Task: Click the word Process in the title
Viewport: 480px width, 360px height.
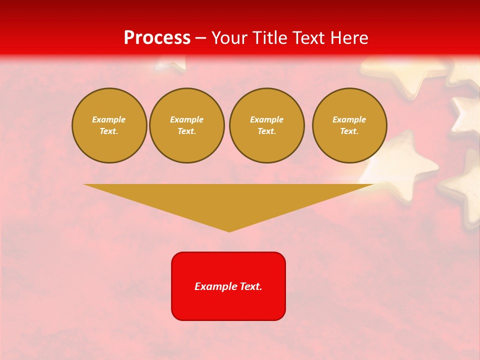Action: (157, 38)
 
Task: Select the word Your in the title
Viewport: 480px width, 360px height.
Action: (230, 38)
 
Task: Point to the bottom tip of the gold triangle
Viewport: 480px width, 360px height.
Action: (229, 231)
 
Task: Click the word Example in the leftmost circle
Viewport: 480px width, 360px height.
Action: (109, 120)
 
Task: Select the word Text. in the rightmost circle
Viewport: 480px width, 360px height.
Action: (349, 131)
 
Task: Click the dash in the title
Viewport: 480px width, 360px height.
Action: (201, 38)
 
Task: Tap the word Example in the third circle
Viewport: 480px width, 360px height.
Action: (266, 120)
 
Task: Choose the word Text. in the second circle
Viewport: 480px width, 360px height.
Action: (186, 131)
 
